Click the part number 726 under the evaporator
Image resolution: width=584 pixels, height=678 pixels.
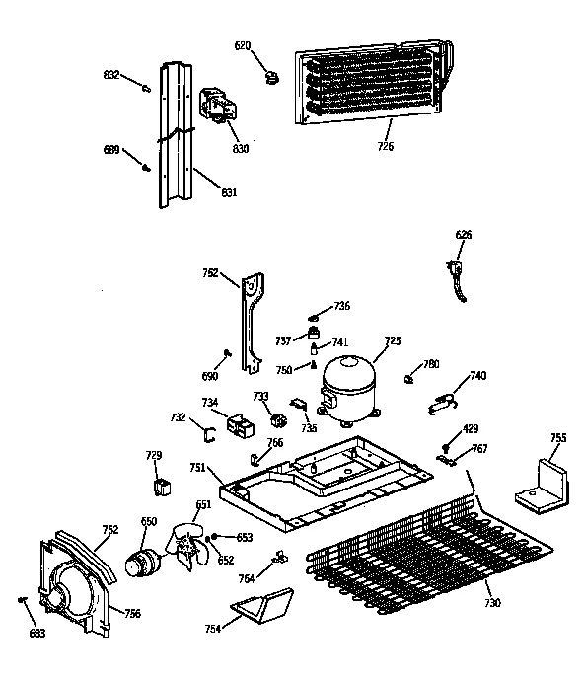coord(384,147)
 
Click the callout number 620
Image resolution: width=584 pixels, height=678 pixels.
coord(243,45)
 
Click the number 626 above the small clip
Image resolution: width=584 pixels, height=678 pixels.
coord(463,234)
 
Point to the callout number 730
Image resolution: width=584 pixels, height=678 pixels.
coord(492,603)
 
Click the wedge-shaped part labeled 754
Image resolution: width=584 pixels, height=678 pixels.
coord(258,604)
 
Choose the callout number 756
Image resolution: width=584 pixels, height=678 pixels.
coord(131,613)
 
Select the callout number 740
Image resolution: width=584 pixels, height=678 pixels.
coord(477,376)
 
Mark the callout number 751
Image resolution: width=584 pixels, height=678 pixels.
coord(198,468)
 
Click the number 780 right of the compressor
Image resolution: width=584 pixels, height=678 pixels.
coord(430,364)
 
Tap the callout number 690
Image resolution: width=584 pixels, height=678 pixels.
coord(209,377)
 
